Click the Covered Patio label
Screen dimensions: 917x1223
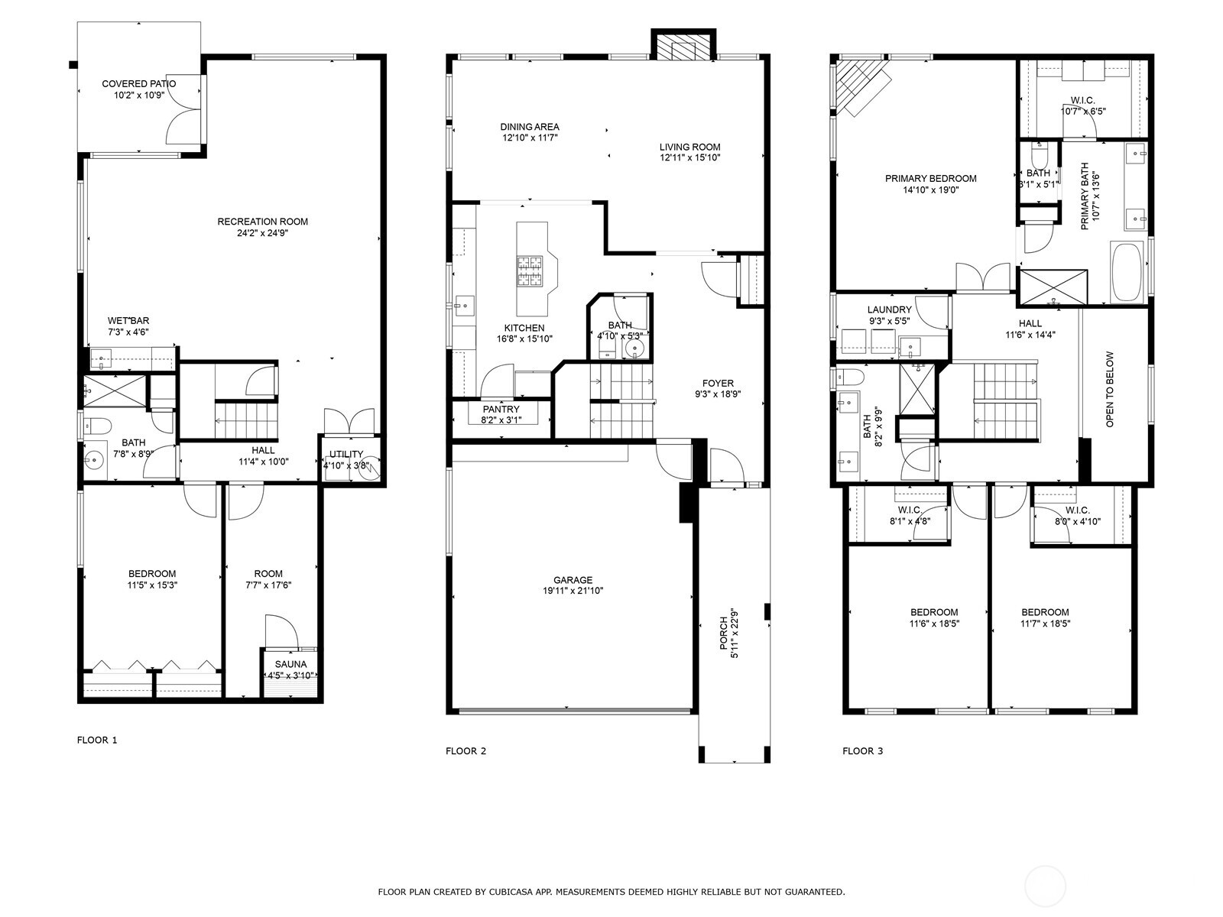(x=138, y=84)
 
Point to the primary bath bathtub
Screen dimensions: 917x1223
(x=1127, y=273)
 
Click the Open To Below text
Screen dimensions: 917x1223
(x=1110, y=389)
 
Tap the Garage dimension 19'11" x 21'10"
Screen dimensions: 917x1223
(x=573, y=591)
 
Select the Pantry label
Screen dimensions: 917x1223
(x=501, y=410)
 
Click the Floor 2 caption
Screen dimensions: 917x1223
(x=466, y=751)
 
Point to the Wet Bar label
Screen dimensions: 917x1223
(x=128, y=321)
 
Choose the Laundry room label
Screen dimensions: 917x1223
(x=890, y=309)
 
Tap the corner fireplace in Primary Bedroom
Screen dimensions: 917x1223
(x=860, y=86)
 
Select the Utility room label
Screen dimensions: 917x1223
(x=346, y=454)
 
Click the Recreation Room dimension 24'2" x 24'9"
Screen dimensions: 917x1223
(x=262, y=233)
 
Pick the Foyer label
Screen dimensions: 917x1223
(x=718, y=384)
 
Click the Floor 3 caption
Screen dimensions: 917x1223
(x=862, y=751)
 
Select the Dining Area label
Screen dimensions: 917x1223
(x=530, y=127)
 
